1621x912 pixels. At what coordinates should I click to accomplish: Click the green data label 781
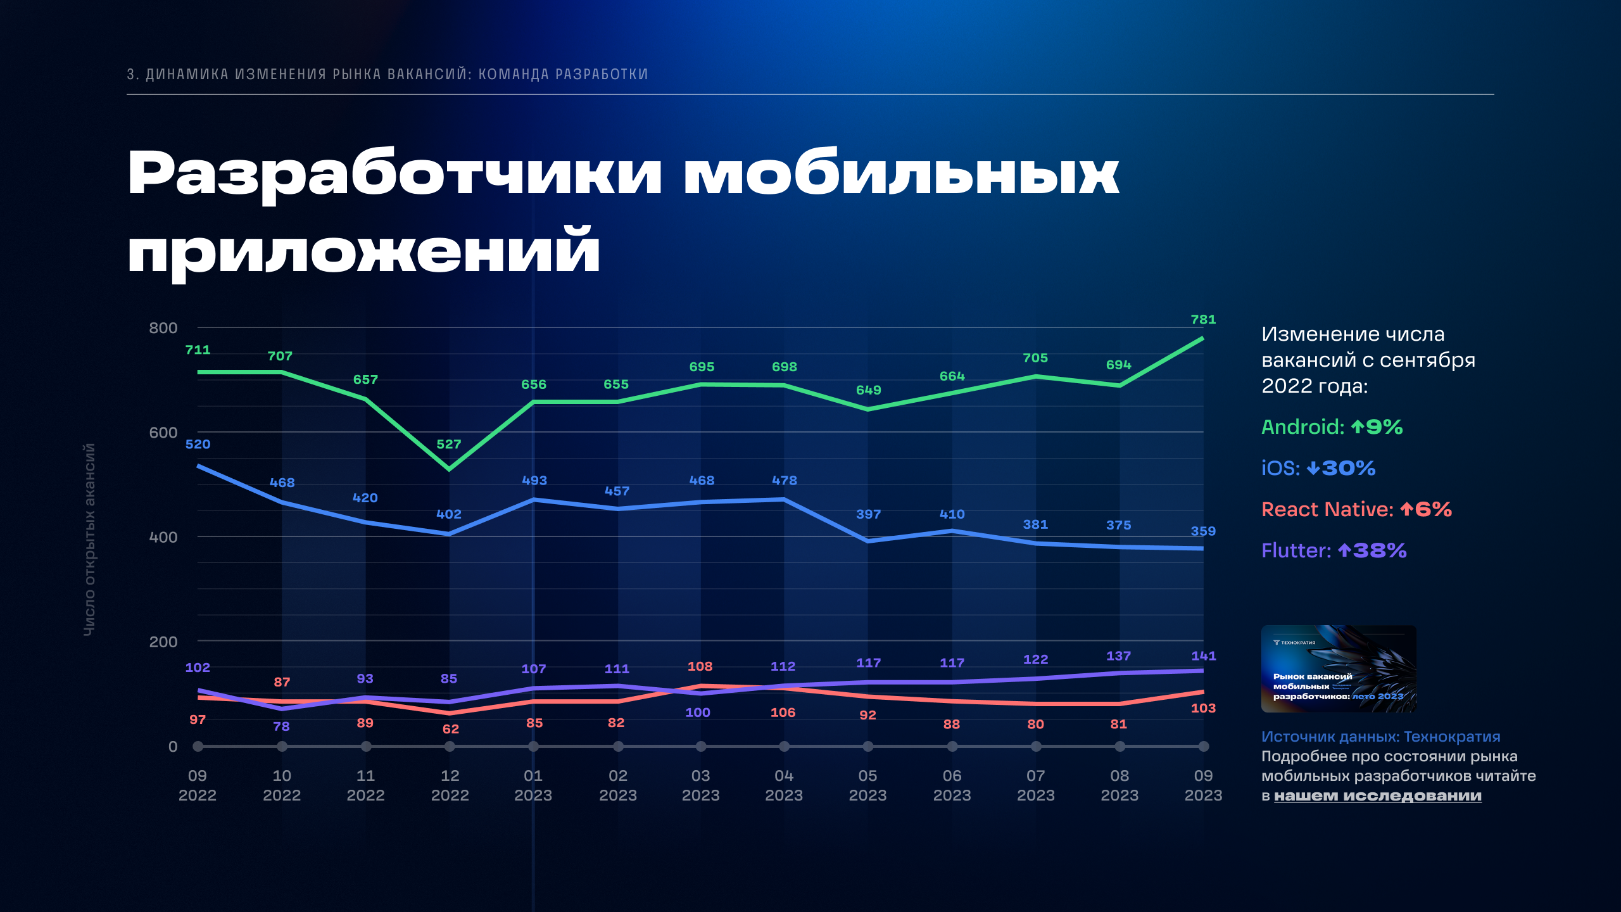pos(1203,320)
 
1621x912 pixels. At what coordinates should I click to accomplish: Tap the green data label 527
pos(449,445)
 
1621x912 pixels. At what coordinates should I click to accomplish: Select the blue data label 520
pos(198,445)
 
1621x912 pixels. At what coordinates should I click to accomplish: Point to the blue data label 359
pos(1203,531)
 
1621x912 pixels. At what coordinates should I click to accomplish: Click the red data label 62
pos(450,729)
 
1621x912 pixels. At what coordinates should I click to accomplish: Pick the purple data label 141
pos(1203,656)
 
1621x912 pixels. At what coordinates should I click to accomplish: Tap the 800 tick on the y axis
pos(163,328)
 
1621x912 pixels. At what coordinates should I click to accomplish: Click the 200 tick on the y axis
pos(163,642)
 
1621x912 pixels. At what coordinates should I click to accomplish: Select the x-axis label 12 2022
pos(450,785)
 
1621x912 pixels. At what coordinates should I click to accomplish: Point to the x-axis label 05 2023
pos(867,785)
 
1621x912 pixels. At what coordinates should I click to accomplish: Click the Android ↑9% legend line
pos(1332,427)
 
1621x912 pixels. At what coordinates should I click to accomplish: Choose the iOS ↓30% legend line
pos(1318,468)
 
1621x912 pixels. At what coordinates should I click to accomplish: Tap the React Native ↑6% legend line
pos(1356,509)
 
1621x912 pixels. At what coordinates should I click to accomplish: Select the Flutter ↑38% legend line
pos(1334,550)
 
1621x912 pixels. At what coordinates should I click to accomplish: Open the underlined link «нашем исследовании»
pos(1377,796)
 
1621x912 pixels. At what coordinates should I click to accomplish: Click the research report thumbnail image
pos(1339,669)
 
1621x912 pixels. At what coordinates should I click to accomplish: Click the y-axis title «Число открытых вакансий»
pos(89,539)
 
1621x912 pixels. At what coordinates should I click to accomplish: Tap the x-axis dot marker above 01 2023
pos(533,747)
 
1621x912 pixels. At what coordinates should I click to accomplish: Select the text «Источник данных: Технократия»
pos(1380,737)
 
